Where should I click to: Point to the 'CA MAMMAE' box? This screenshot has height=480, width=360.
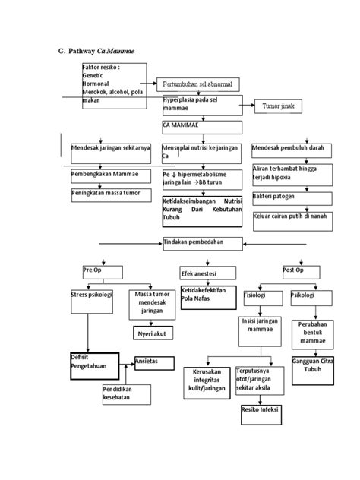click(x=201, y=127)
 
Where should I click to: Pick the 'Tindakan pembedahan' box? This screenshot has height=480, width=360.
click(x=201, y=243)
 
